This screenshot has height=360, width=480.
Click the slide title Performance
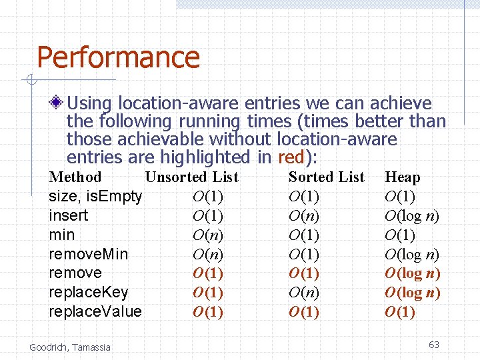tap(118, 57)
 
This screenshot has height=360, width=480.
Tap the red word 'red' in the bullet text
tap(290, 157)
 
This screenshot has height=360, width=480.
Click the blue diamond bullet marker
tap(58, 103)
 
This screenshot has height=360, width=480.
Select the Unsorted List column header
tap(191, 177)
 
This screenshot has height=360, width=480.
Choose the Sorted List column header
tap(326, 177)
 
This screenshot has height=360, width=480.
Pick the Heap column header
tap(402, 177)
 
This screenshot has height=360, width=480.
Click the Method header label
tap(75, 177)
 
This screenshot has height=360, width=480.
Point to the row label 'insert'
tap(69, 216)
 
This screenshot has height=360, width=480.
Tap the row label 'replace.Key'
tap(89, 293)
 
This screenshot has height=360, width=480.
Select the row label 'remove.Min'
tap(89, 254)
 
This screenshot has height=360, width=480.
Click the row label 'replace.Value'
tap(95, 312)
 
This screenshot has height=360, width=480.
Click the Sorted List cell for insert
tap(303, 216)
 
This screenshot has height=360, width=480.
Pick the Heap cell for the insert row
tap(412, 216)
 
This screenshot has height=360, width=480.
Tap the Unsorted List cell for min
tap(207, 235)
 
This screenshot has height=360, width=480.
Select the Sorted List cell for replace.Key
tap(303, 293)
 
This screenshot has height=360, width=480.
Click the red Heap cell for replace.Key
tap(412, 293)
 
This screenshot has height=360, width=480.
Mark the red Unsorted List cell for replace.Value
tap(207, 312)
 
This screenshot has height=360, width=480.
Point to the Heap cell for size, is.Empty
tap(400, 197)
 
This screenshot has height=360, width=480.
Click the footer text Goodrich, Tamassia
tap(70, 347)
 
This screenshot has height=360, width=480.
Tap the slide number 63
tap(433, 345)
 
